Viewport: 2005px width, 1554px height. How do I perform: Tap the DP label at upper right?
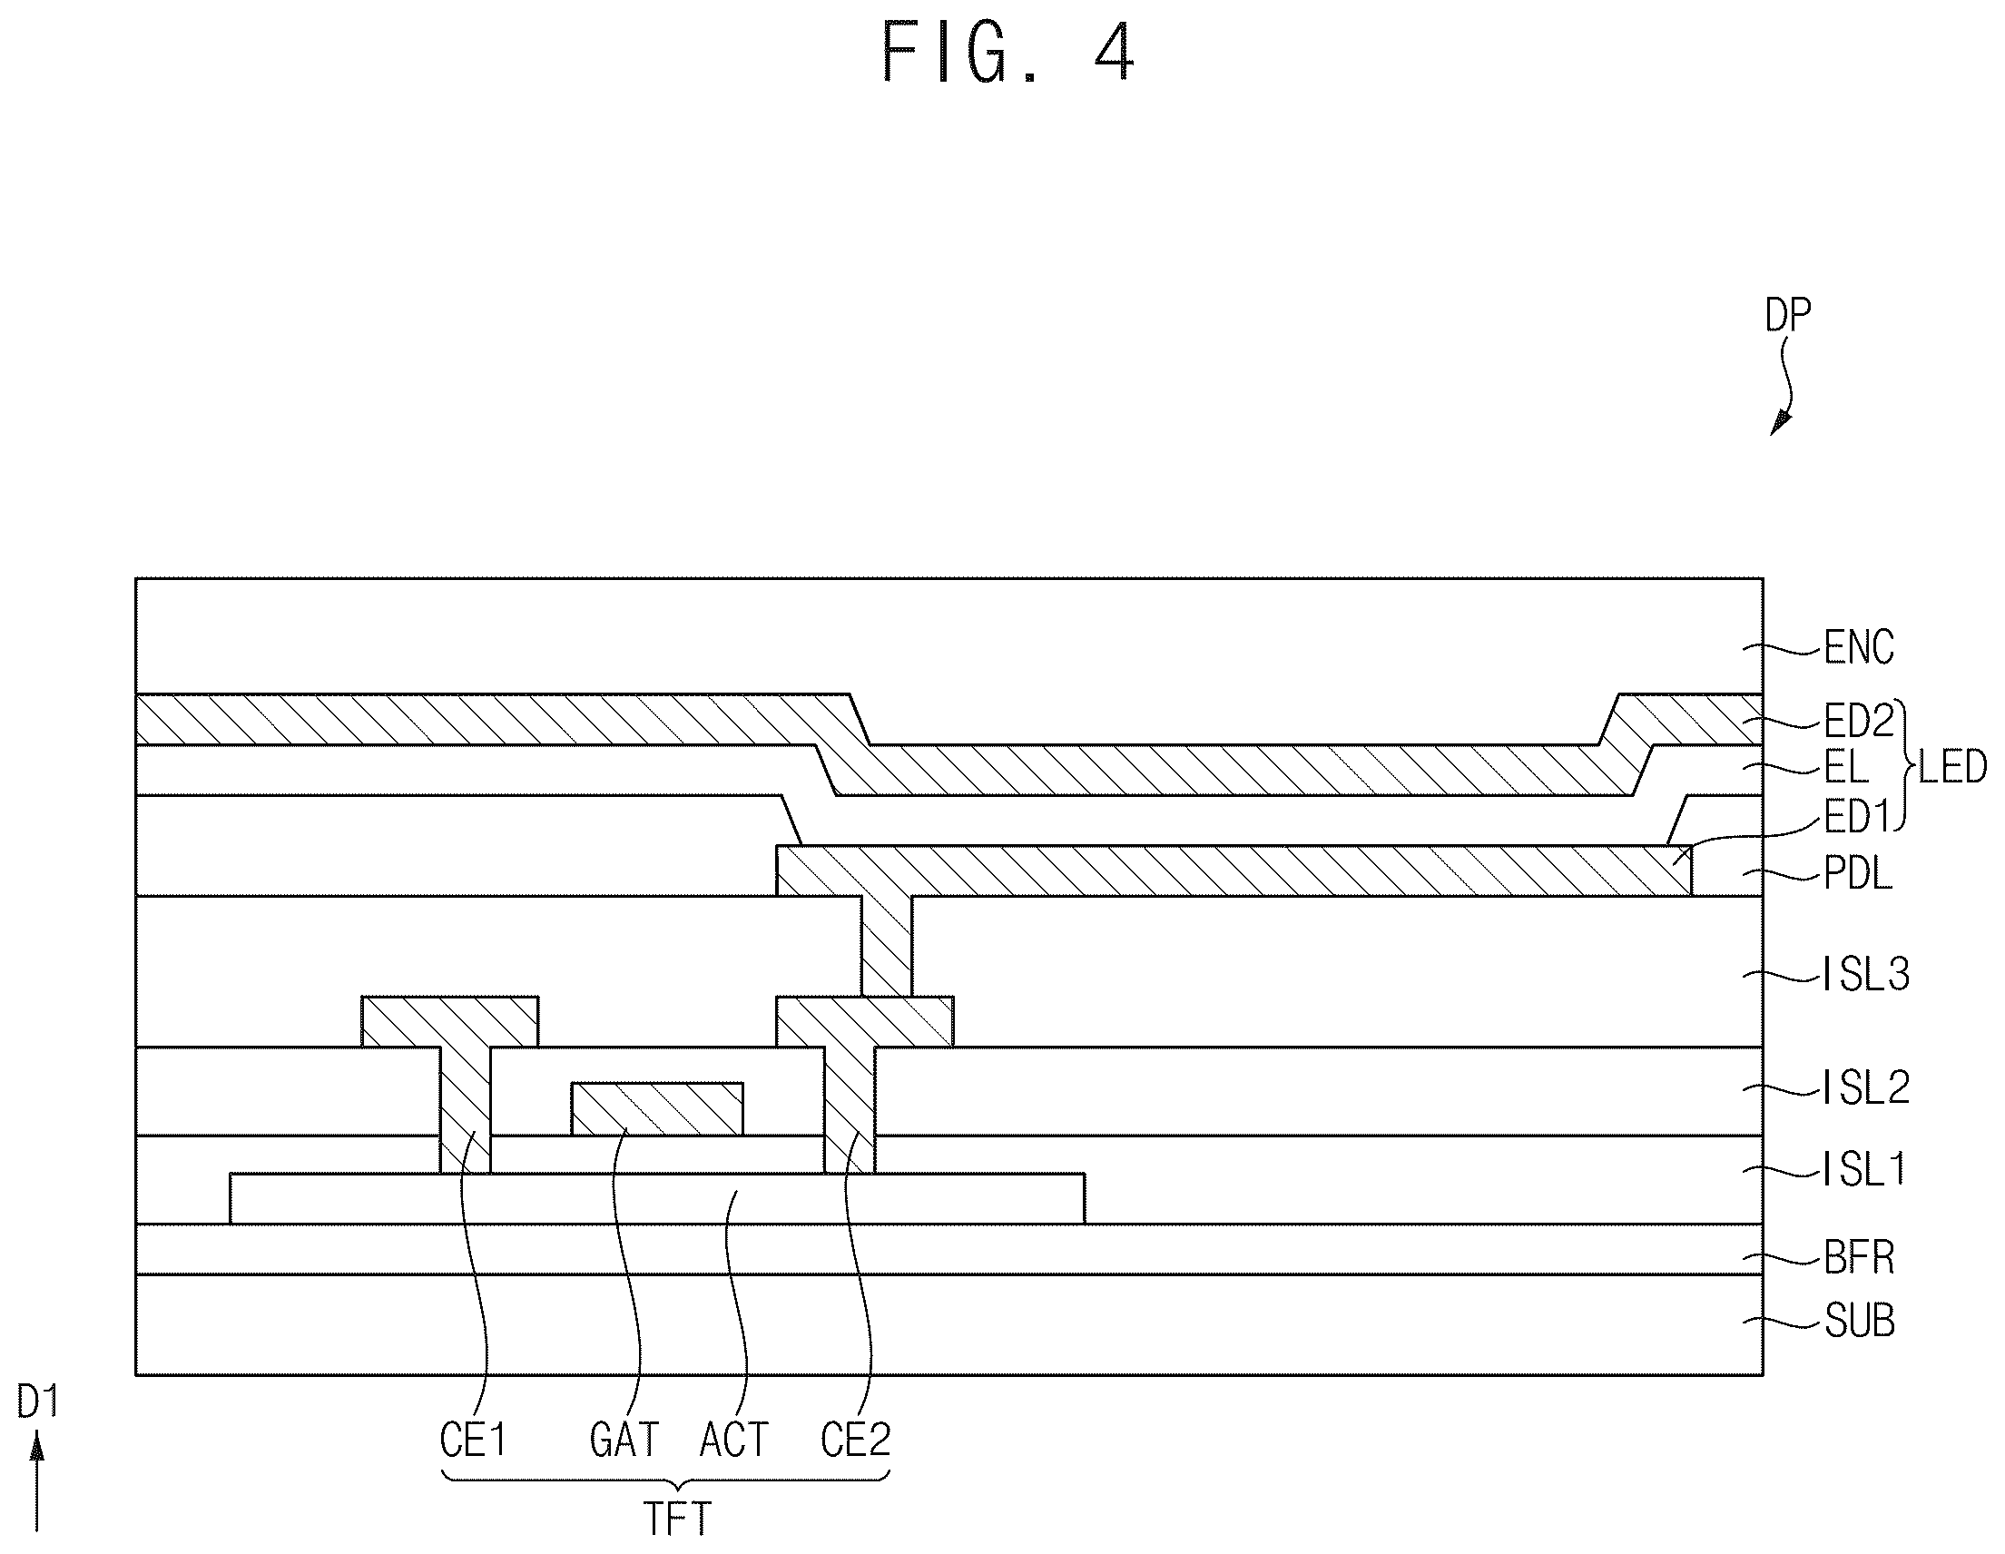tap(1788, 316)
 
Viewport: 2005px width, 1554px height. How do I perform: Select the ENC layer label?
tap(1859, 647)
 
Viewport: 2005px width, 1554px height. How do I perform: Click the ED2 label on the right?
tap(1859, 722)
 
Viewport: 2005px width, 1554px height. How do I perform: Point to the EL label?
tap(1846, 766)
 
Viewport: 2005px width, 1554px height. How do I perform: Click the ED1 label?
tap(1856, 817)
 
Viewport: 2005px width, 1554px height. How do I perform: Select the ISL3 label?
tap(1866, 974)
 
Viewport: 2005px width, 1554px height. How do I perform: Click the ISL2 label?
tap(1866, 1087)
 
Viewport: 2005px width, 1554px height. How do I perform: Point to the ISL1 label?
tap(1864, 1169)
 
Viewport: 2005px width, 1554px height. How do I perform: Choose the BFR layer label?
tap(1859, 1257)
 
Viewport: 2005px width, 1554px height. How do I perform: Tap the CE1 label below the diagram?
tap(473, 1440)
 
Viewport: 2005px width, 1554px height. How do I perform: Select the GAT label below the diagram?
tap(624, 1440)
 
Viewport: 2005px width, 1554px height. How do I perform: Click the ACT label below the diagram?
tap(734, 1440)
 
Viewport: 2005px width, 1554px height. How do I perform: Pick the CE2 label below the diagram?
tap(856, 1440)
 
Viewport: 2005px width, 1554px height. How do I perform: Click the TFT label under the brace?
tap(677, 1519)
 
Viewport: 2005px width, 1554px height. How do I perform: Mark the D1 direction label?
tap(38, 1402)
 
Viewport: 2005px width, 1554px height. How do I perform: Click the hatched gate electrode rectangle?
tap(657, 1109)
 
